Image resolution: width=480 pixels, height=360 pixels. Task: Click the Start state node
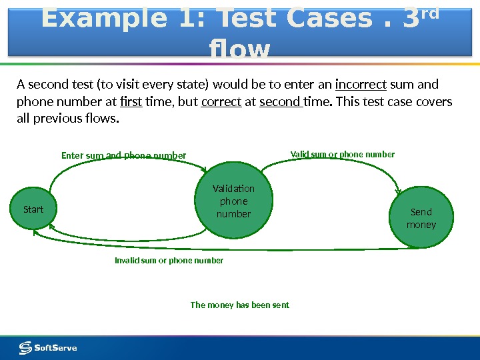[33, 209]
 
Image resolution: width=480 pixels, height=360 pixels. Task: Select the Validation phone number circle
[233, 201]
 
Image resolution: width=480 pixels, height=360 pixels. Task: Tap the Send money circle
[421, 218]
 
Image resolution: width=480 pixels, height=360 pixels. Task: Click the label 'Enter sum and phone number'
[124, 156]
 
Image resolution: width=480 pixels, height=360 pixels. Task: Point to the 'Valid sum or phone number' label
[343, 155]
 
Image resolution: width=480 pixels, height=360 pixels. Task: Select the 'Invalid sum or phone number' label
[169, 261]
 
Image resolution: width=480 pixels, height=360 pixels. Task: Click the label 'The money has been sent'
[240, 305]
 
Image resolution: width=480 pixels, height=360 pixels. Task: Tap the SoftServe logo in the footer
[48, 347]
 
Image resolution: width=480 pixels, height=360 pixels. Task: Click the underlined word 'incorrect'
[361, 85]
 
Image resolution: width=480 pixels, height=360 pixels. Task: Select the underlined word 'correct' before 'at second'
[221, 102]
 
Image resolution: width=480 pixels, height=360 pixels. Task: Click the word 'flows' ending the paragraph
[101, 119]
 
